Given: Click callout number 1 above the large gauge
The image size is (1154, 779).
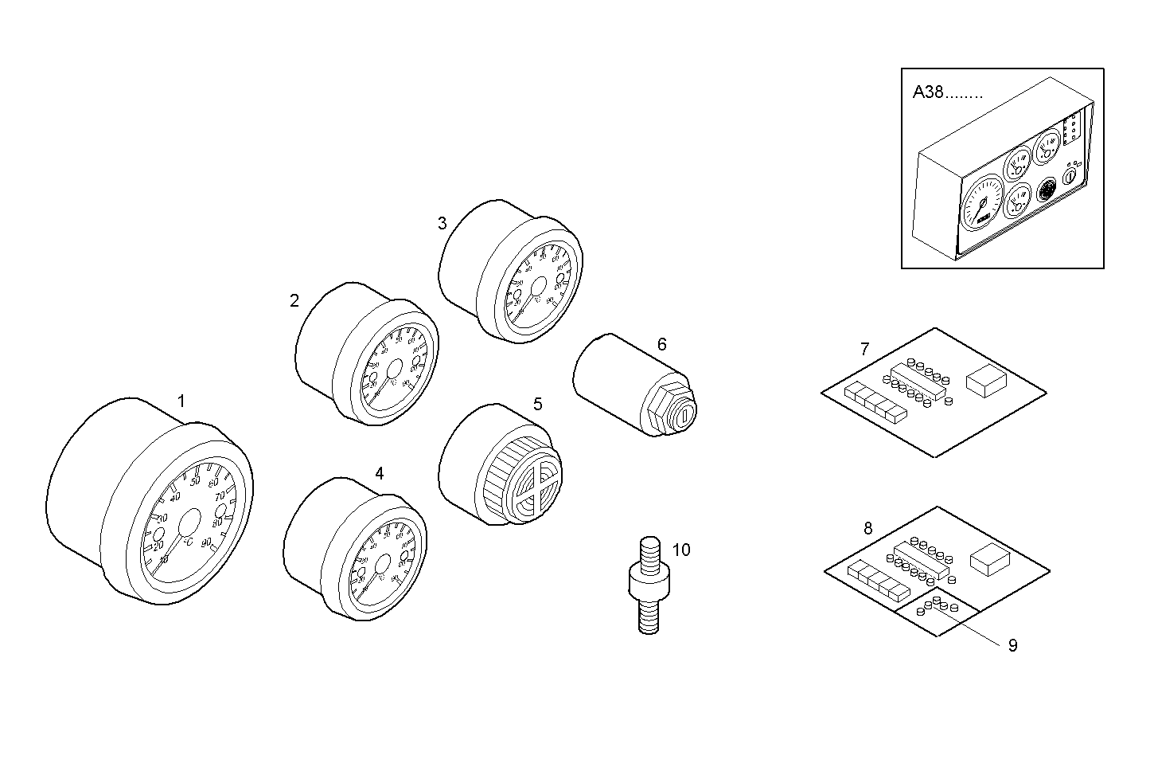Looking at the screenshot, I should (x=181, y=401).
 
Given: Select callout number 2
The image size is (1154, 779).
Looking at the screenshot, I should (x=294, y=301).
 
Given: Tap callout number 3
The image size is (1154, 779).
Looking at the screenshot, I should (x=442, y=223).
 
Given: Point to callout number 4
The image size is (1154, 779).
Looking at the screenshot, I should (x=380, y=473).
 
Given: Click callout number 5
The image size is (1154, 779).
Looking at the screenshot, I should (x=538, y=404).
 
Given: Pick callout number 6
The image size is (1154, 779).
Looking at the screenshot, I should (x=661, y=344).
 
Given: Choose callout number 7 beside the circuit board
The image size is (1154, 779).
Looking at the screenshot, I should (x=865, y=349).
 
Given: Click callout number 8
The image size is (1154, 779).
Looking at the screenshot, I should (x=867, y=528).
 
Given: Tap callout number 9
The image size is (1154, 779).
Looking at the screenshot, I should (x=1012, y=645).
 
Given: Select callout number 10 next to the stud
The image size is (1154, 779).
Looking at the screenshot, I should (x=681, y=550).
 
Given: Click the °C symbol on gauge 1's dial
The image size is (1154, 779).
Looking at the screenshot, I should (x=188, y=542).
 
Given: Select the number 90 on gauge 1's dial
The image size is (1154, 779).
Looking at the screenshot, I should (x=207, y=542).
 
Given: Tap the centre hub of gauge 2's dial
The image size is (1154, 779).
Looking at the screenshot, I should (x=393, y=370).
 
